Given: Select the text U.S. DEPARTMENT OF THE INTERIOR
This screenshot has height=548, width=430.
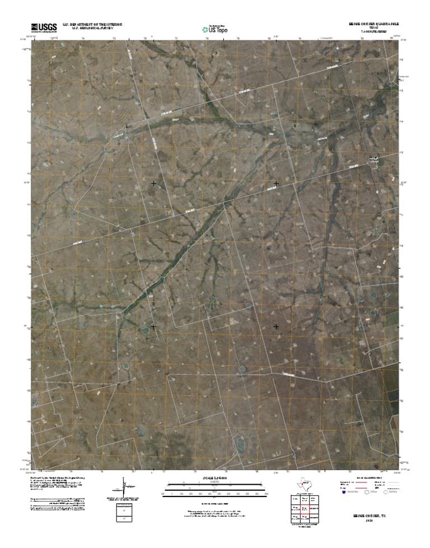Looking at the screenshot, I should coord(92,25).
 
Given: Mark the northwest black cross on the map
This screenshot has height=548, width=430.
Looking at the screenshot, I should coord(153,183).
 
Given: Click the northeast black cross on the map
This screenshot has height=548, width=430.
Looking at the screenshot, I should coord(276,183).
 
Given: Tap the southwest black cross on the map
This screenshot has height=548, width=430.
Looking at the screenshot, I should coord(153,326).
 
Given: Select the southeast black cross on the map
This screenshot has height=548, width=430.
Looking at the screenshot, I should coord(276,326).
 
